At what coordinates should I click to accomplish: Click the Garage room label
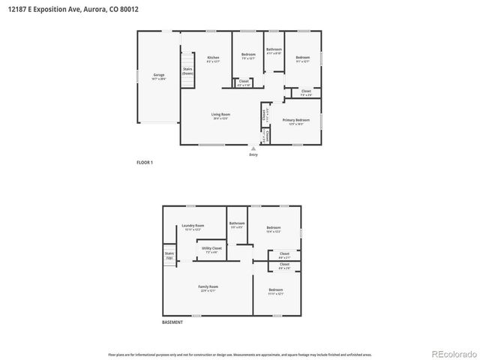click(159, 76)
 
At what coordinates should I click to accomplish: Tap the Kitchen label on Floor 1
click(213, 58)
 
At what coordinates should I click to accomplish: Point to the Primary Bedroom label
click(296, 121)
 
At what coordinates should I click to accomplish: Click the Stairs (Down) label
click(187, 71)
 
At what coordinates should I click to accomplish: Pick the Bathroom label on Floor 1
click(274, 50)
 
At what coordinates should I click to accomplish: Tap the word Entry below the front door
click(253, 154)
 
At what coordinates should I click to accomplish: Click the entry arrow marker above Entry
click(253, 148)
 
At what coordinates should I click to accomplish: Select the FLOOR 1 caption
click(145, 162)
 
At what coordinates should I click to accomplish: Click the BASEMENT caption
click(172, 322)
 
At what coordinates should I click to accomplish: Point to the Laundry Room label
click(193, 226)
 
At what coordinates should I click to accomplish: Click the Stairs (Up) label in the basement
click(169, 255)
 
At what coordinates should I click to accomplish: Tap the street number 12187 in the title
click(19, 10)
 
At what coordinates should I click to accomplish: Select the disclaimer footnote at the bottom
click(240, 354)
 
